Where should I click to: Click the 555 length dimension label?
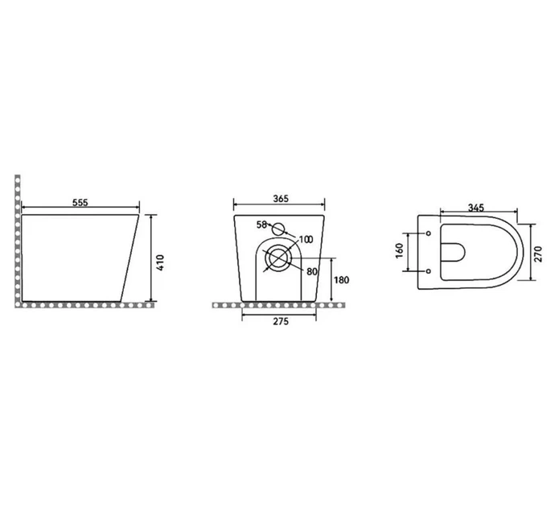tap(80, 203)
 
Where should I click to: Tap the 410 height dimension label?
tap(160, 262)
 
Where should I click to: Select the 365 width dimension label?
tap(281, 199)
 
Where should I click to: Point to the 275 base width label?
tap(281, 321)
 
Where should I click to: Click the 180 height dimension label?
tap(341, 280)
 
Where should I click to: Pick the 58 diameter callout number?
tap(261, 225)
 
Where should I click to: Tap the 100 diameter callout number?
tap(306, 240)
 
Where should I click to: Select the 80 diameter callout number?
tap(312, 271)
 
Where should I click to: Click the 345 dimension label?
tap(475, 208)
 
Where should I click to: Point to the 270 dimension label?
tap(538, 253)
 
